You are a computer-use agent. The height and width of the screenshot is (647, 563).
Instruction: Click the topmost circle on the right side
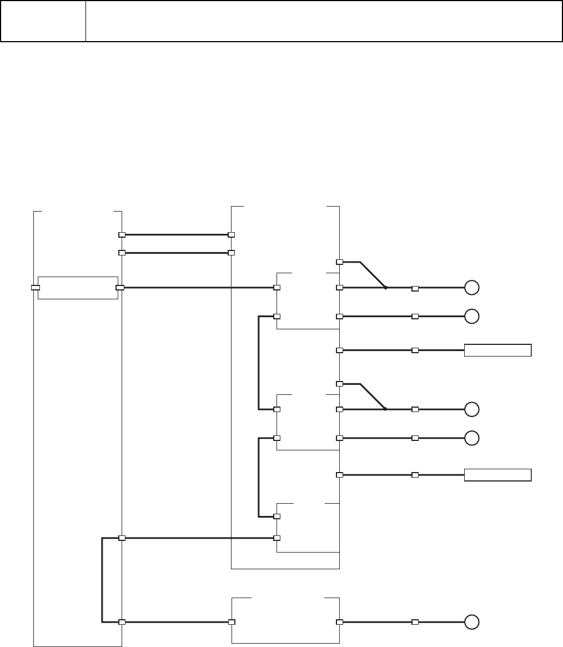tap(471, 288)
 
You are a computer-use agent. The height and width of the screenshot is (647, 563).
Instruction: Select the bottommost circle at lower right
tap(471, 622)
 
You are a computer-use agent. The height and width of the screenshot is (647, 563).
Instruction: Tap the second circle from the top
tap(471, 316)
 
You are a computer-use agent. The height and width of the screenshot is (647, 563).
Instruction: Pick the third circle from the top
tap(471, 409)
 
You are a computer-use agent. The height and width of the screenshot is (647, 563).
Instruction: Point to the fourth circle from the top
tap(471, 438)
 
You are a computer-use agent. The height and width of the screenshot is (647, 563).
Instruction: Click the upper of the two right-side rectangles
tap(497, 350)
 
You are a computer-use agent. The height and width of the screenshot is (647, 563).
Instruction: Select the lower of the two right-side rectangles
tap(497, 475)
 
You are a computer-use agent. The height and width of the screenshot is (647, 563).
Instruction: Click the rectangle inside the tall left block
tap(78, 288)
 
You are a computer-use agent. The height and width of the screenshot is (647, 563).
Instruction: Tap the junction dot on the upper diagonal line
tap(385, 288)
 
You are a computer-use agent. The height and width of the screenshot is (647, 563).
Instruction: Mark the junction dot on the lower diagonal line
tap(385, 409)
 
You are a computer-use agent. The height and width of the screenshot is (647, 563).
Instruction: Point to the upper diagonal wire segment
tap(373, 274)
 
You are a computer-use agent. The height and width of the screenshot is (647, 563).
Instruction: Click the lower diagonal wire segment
tap(373, 396)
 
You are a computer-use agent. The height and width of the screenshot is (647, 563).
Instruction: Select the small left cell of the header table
tap(43, 21)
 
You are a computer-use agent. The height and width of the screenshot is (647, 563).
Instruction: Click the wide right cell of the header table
tap(324, 21)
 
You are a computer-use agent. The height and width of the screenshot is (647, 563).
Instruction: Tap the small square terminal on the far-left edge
tap(35, 288)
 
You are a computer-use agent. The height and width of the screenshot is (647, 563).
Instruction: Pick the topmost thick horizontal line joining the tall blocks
tap(177, 235)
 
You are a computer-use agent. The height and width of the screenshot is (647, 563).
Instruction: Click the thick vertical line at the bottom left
tap(102, 580)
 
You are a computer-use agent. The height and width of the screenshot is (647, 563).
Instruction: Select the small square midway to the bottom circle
tap(415, 622)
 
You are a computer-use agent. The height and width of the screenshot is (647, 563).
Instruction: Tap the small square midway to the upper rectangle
tap(415, 350)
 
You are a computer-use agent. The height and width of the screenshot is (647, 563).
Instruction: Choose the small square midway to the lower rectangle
tap(415, 475)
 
